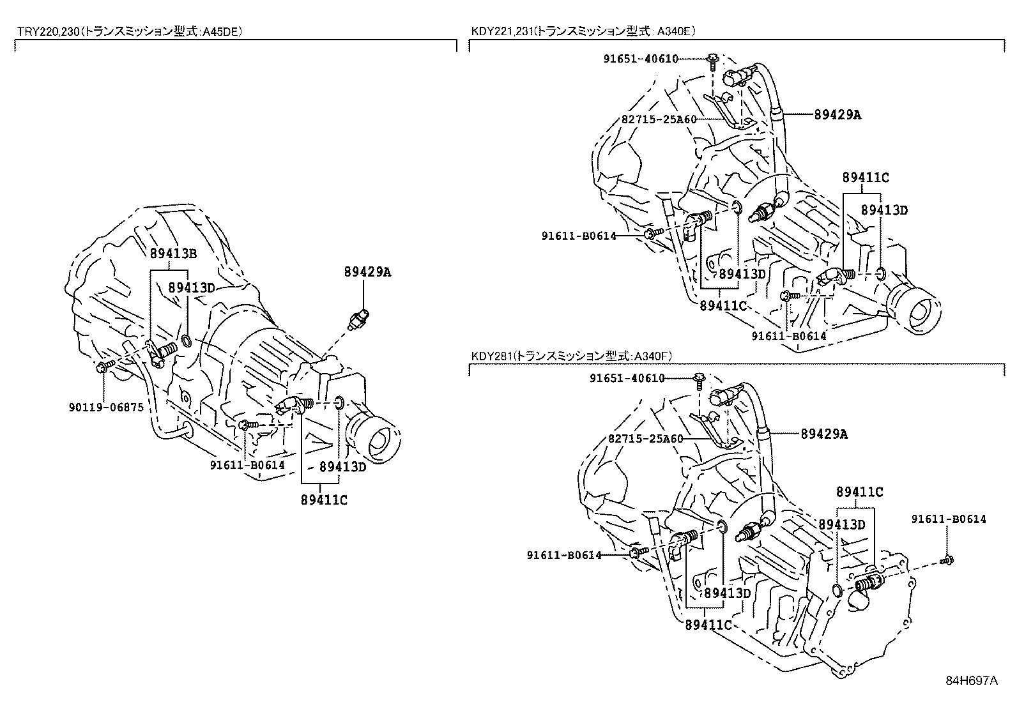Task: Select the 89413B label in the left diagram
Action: point(173,253)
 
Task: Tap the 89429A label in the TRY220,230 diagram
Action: point(367,272)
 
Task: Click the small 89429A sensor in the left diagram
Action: point(360,317)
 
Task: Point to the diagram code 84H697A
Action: point(971,680)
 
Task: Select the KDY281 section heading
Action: point(572,356)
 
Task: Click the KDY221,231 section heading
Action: point(583,30)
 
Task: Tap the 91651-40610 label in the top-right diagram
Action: point(641,59)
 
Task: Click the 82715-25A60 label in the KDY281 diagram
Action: point(645,439)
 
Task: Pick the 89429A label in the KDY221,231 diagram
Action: point(837,114)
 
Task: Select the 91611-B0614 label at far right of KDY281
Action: point(948,519)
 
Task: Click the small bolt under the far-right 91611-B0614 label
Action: point(947,561)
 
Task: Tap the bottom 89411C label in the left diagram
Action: point(324,500)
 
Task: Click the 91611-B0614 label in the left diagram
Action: point(247,465)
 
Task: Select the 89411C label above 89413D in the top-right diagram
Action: point(865,178)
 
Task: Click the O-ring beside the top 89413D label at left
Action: point(187,340)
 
